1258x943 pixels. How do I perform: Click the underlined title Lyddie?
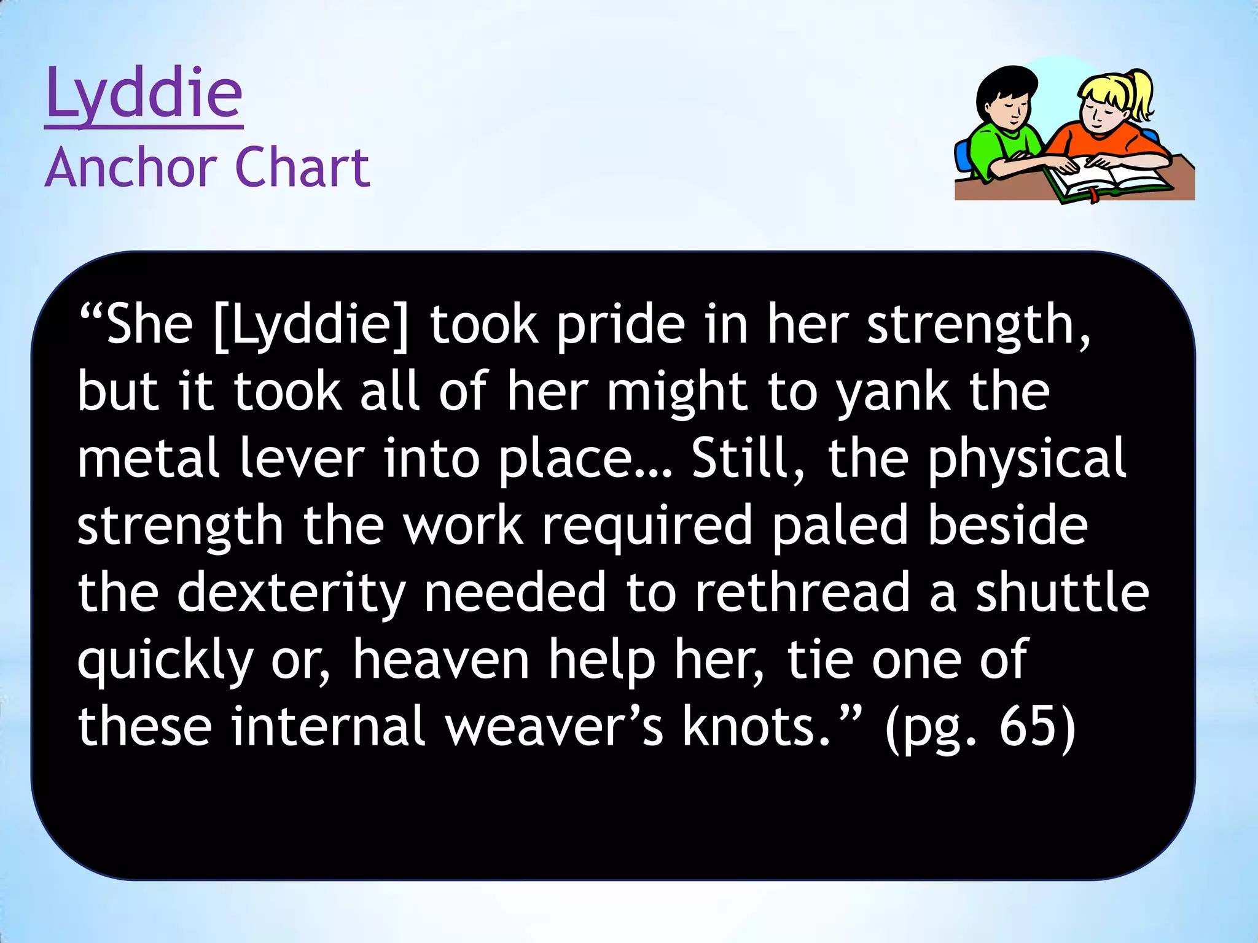[144, 93]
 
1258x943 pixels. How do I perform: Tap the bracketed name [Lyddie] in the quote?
[311, 325]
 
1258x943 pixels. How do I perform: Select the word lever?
[302, 459]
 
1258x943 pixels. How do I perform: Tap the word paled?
[840, 527]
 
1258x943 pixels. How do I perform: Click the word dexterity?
[292, 594]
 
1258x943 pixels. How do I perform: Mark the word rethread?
[802, 593]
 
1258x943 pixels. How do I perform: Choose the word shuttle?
[1062, 593]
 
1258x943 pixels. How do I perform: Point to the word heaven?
[440, 661]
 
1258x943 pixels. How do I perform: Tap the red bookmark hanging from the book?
[1094, 196]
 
